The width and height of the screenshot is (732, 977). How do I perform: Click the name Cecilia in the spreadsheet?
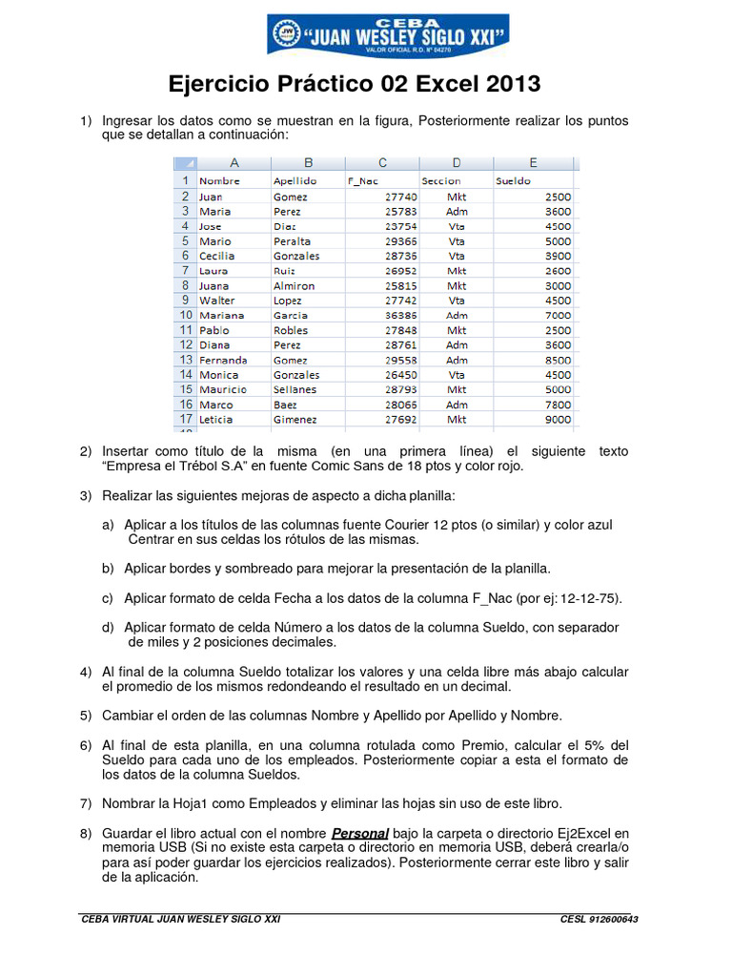(x=218, y=256)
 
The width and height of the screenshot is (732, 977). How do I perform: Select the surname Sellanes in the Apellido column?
(x=295, y=389)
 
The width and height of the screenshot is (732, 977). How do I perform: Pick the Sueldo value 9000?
(x=558, y=419)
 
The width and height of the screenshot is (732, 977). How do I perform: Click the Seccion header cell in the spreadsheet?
(x=440, y=180)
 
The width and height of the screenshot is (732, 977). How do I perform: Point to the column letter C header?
(x=382, y=162)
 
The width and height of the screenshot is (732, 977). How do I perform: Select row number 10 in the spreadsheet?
(x=183, y=315)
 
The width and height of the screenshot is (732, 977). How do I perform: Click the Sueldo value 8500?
(x=558, y=360)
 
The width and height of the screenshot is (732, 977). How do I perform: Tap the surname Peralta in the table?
(x=292, y=241)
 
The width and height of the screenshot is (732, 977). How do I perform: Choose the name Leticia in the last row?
(x=215, y=419)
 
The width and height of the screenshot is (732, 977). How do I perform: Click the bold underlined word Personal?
(x=360, y=833)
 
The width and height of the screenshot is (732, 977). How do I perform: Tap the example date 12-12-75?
(x=590, y=598)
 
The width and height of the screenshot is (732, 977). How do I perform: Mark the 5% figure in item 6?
(x=593, y=744)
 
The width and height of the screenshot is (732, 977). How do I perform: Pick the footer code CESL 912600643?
(x=600, y=919)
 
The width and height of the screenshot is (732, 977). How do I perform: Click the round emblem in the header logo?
(x=285, y=33)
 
